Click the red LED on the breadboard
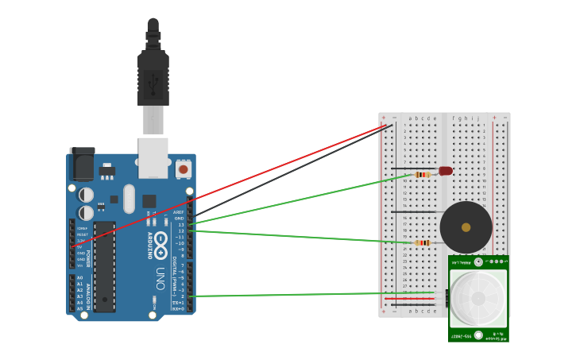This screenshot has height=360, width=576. pyautogui.click(x=446, y=171)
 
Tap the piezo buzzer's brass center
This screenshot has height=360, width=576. pyautogui.click(x=466, y=227)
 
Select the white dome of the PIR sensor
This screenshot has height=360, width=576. pyautogui.click(x=478, y=298)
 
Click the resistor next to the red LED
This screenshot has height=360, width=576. pyautogui.click(x=423, y=174)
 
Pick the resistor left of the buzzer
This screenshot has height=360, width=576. pyautogui.click(x=423, y=242)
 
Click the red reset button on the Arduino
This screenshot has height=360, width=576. pyautogui.click(x=184, y=169)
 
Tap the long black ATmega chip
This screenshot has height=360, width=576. pyautogui.click(x=104, y=266)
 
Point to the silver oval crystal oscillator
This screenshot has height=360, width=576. pyautogui.click(x=130, y=199)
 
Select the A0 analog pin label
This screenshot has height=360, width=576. pyautogui.click(x=79, y=278)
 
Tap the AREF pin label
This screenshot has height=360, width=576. pyautogui.click(x=180, y=212)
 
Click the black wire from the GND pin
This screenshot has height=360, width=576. pyautogui.click(x=294, y=169)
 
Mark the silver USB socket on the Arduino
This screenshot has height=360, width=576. pyautogui.click(x=153, y=157)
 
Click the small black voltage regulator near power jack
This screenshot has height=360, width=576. pyautogui.click(x=106, y=170)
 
